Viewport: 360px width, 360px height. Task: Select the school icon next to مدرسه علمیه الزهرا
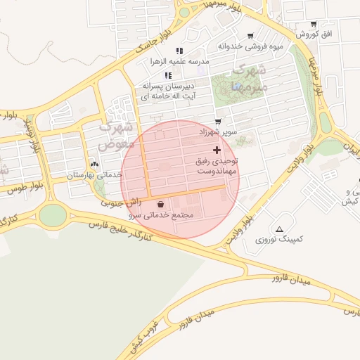pos(179,51)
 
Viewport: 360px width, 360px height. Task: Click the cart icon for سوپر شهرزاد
pos(218,122)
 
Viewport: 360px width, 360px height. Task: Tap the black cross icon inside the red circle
pos(217,150)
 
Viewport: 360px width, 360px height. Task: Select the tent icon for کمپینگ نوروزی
pos(281,229)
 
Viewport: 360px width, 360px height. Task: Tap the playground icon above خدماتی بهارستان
pos(95,164)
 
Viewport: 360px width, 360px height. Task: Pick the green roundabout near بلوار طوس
pos(52,214)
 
